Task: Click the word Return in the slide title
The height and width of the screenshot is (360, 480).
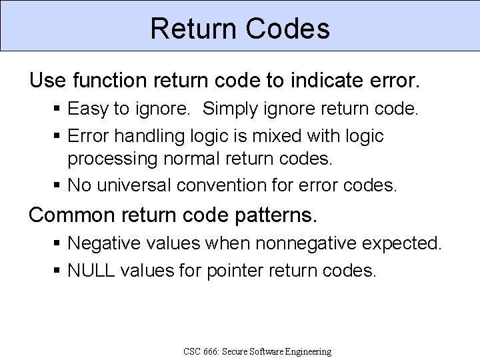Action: tap(193, 29)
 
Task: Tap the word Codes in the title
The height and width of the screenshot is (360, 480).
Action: tap(288, 29)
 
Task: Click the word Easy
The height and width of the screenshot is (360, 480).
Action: tap(89, 109)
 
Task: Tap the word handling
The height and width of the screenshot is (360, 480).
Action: tap(140, 136)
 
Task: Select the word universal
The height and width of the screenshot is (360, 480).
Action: tap(134, 185)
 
